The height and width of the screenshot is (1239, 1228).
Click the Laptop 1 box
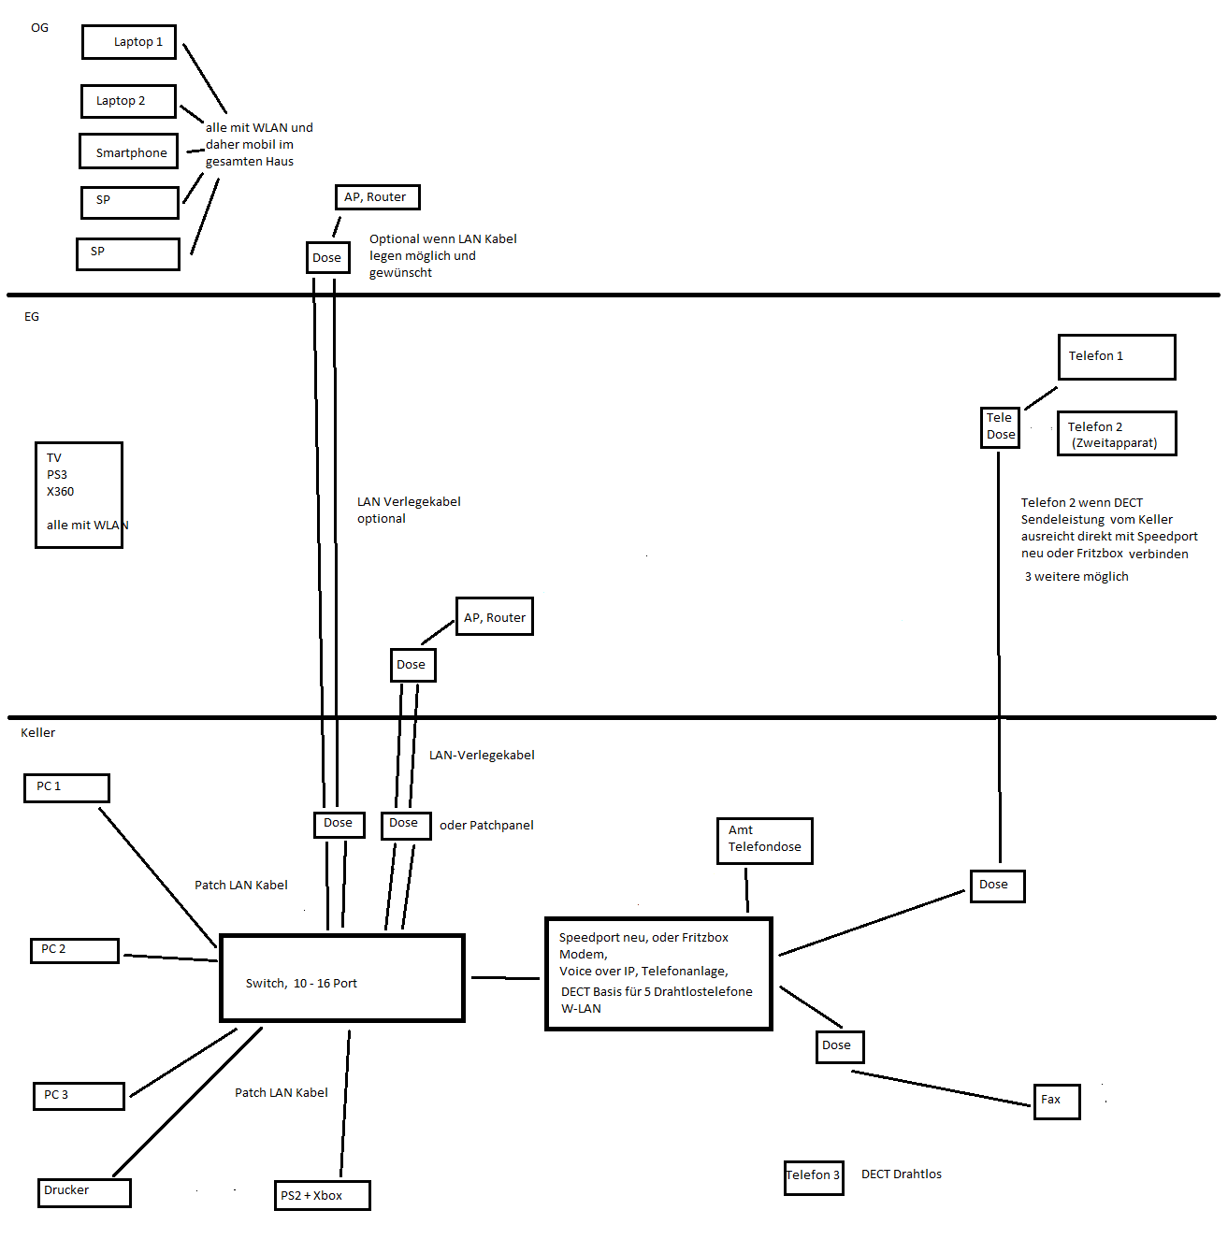click(129, 42)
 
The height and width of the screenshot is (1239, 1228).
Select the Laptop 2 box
click(128, 101)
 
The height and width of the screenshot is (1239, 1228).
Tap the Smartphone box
click(128, 151)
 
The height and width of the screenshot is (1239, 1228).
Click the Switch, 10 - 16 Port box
click(342, 978)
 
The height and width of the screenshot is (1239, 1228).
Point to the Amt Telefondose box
click(764, 840)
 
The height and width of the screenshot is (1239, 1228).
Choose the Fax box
click(1057, 1101)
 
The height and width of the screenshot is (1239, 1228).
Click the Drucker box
click(84, 1191)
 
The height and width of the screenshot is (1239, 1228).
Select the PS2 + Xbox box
click(323, 1195)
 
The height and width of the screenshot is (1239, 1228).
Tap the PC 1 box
click(66, 787)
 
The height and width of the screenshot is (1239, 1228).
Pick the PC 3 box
click(79, 1095)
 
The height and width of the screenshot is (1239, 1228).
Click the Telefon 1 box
click(1116, 357)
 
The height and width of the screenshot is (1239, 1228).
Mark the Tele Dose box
click(1000, 426)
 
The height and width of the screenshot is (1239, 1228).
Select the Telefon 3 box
click(814, 1176)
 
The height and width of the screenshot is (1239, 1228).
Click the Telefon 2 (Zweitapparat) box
click(1116, 434)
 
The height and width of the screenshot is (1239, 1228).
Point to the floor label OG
click(39, 28)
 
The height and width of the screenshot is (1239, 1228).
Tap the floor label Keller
click(38, 733)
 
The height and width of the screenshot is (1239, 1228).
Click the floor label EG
click(32, 317)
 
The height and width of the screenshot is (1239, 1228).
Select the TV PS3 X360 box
click(79, 495)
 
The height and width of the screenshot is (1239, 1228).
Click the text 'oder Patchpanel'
click(486, 826)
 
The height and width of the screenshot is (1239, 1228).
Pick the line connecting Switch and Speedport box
click(505, 978)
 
